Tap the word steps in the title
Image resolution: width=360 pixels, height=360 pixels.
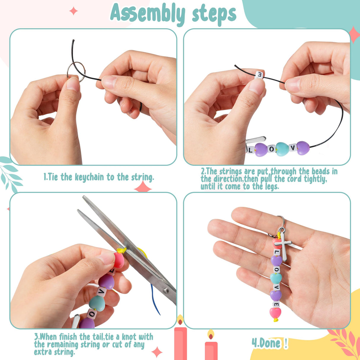click(x=214, y=14)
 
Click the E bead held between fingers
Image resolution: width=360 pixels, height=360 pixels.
click(x=259, y=75)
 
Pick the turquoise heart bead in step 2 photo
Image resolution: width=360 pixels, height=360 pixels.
click(x=282, y=149)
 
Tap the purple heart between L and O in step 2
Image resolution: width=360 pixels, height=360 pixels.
click(x=261, y=149)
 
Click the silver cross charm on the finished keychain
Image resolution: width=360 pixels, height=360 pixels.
click(x=282, y=244)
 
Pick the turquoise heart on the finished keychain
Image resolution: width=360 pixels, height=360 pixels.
click(x=276, y=278)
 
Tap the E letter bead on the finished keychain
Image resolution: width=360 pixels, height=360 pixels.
click(x=276, y=304)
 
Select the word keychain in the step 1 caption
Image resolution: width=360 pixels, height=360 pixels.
click(x=90, y=177)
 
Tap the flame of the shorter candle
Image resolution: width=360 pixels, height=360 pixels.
click(x=211, y=335)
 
